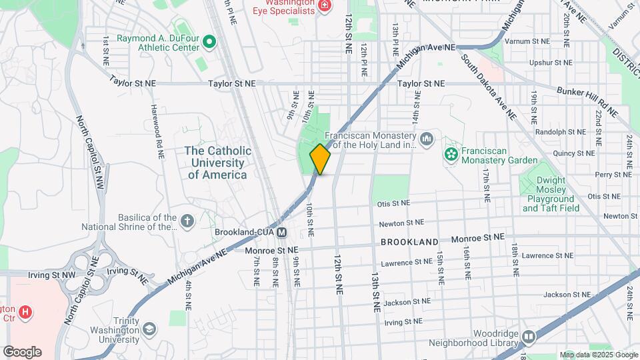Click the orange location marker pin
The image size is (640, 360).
321,159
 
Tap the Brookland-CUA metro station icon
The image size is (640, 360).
282,233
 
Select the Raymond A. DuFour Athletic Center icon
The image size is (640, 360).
210,43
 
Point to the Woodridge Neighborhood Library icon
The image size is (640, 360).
529,337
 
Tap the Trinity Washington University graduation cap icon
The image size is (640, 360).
149,329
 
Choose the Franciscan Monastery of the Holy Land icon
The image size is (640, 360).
427,139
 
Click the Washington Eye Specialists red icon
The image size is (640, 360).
325,7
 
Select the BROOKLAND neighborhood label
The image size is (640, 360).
410,242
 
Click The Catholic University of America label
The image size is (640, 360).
218,163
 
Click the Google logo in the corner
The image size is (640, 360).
22,352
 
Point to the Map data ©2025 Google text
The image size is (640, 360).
598,355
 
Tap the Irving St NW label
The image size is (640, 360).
51,275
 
